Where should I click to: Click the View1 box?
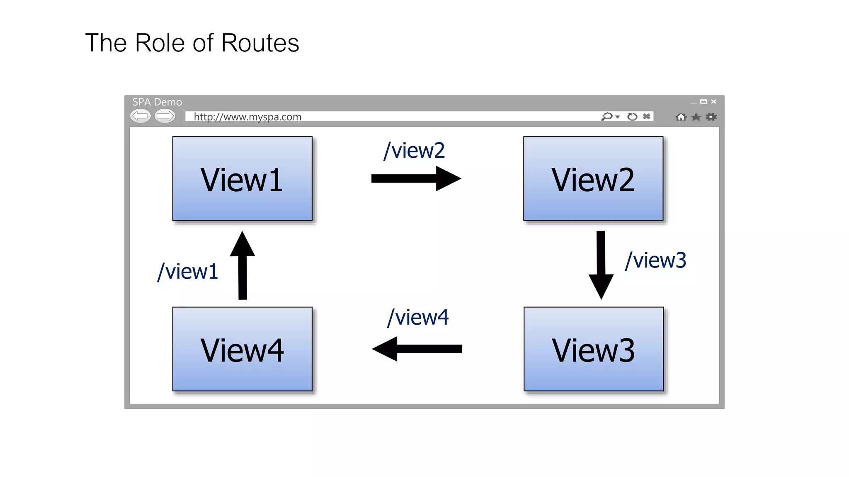pos(242,178)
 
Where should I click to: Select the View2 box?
pos(593,178)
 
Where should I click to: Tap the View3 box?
pos(593,349)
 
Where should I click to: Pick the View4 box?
pos(242,349)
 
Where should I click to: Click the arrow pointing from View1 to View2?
pos(415,178)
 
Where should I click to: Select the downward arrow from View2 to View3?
pos(601,265)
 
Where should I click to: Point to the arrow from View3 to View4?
pos(417,349)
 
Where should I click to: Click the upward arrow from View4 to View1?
pos(243,265)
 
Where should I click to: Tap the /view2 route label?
pos(414,150)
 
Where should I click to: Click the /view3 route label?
pos(655,260)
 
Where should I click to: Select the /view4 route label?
pos(417,318)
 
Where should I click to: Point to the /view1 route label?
pos(188,272)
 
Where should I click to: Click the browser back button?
pos(141,116)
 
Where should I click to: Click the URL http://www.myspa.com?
pos(247,117)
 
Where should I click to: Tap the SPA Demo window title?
pos(157,102)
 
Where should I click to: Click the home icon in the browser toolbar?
pos(681,117)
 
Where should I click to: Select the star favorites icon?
pos(696,117)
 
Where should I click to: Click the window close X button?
pos(713,101)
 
